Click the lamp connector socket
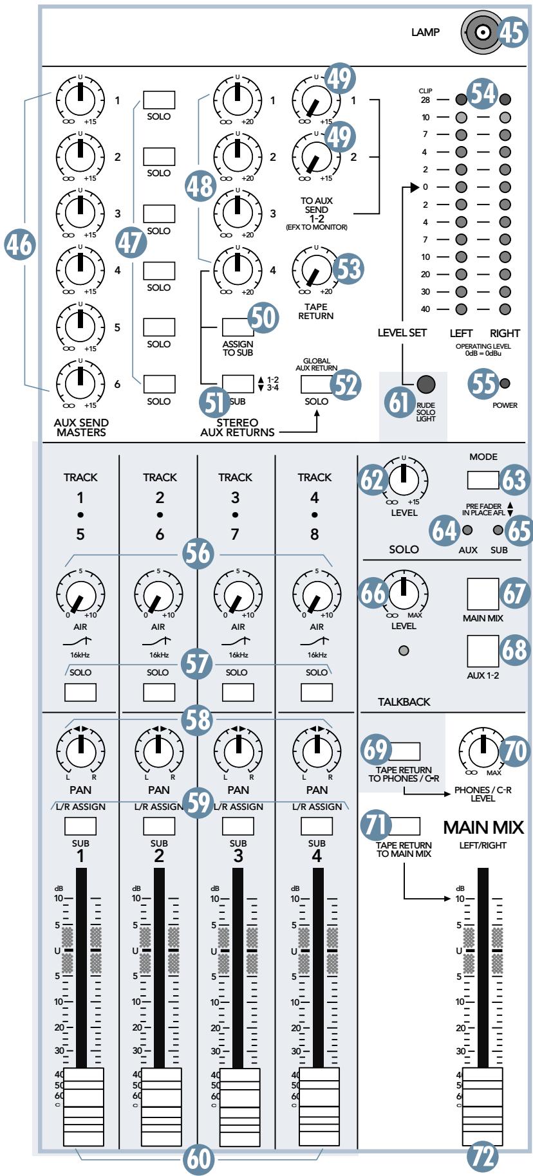tap(480, 31)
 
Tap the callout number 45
tap(512, 32)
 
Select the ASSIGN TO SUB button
tap(238, 327)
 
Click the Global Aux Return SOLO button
tap(316, 384)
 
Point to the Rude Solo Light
tap(425, 385)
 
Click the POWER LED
tap(505, 384)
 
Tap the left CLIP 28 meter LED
tap(461, 100)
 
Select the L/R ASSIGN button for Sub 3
tap(238, 825)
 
